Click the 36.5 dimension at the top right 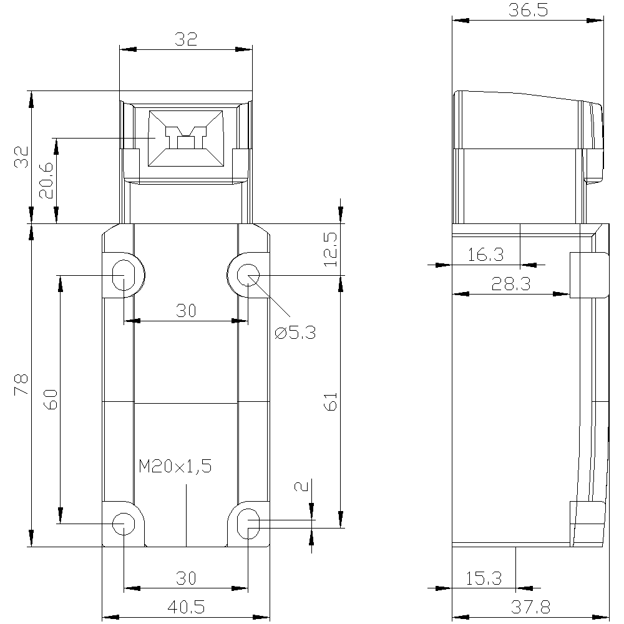coord(528,10)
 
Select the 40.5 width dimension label coord(186,607)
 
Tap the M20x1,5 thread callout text coord(175,466)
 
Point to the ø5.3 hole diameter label coord(295,333)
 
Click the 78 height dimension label coord(21,384)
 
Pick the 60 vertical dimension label coord(51,399)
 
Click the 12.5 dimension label coord(330,250)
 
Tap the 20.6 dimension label coord(46,180)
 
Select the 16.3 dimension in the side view coord(485,255)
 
